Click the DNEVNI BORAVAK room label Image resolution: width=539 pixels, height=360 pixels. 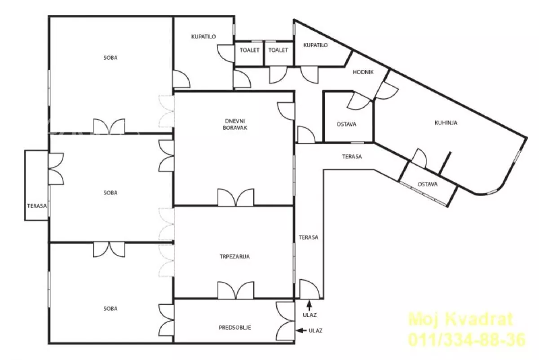point(235,124)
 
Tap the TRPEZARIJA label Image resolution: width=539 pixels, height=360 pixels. point(235,257)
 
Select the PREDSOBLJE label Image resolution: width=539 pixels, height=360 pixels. point(235,328)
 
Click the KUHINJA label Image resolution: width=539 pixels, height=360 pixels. point(446,123)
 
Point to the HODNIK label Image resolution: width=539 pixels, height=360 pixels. point(363,72)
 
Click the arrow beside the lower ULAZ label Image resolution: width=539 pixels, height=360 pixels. point(301,331)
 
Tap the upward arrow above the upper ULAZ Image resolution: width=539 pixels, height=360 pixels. point(309,306)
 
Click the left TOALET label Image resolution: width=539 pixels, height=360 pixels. point(250,50)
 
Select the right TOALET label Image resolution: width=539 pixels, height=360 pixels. point(278,50)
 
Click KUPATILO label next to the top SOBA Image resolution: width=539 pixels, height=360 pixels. point(203,36)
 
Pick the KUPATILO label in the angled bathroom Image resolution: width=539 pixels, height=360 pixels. point(315,45)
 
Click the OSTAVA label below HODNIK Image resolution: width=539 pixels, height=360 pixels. point(346,124)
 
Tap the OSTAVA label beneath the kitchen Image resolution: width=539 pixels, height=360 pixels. point(428,184)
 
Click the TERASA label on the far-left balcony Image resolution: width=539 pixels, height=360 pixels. point(37,206)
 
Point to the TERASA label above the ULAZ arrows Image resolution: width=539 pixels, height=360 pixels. point(309,237)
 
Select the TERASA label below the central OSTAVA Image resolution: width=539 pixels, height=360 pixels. point(352,157)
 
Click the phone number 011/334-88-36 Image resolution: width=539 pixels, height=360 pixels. point(467,339)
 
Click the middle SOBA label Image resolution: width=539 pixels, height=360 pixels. point(110,193)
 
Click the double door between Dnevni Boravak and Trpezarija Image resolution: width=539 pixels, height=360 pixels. point(236,198)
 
